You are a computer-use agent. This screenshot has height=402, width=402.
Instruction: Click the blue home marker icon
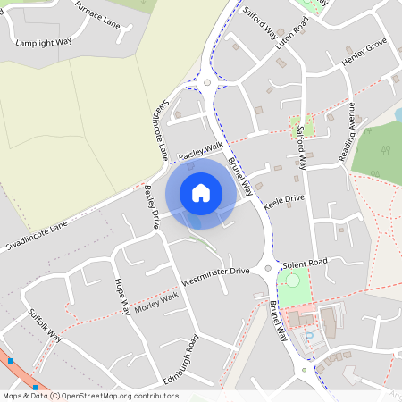pyautogui.click(x=201, y=192)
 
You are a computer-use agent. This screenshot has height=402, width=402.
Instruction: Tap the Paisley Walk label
pyautogui.click(x=200, y=151)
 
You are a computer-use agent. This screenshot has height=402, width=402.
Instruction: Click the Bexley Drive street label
pyautogui.click(x=150, y=206)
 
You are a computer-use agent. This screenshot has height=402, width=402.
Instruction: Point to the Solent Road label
pyautogui.click(x=306, y=264)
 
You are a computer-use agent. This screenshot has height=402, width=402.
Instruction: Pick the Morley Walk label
pyautogui.click(x=156, y=301)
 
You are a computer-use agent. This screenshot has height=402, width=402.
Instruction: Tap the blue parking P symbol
pyautogui.click(x=310, y=337)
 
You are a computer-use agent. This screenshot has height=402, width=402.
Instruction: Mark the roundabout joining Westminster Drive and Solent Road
pyautogui.click(x=267, y=268)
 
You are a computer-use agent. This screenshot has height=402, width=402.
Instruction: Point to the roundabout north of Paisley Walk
pyautogui.click(x=207, y=82)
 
